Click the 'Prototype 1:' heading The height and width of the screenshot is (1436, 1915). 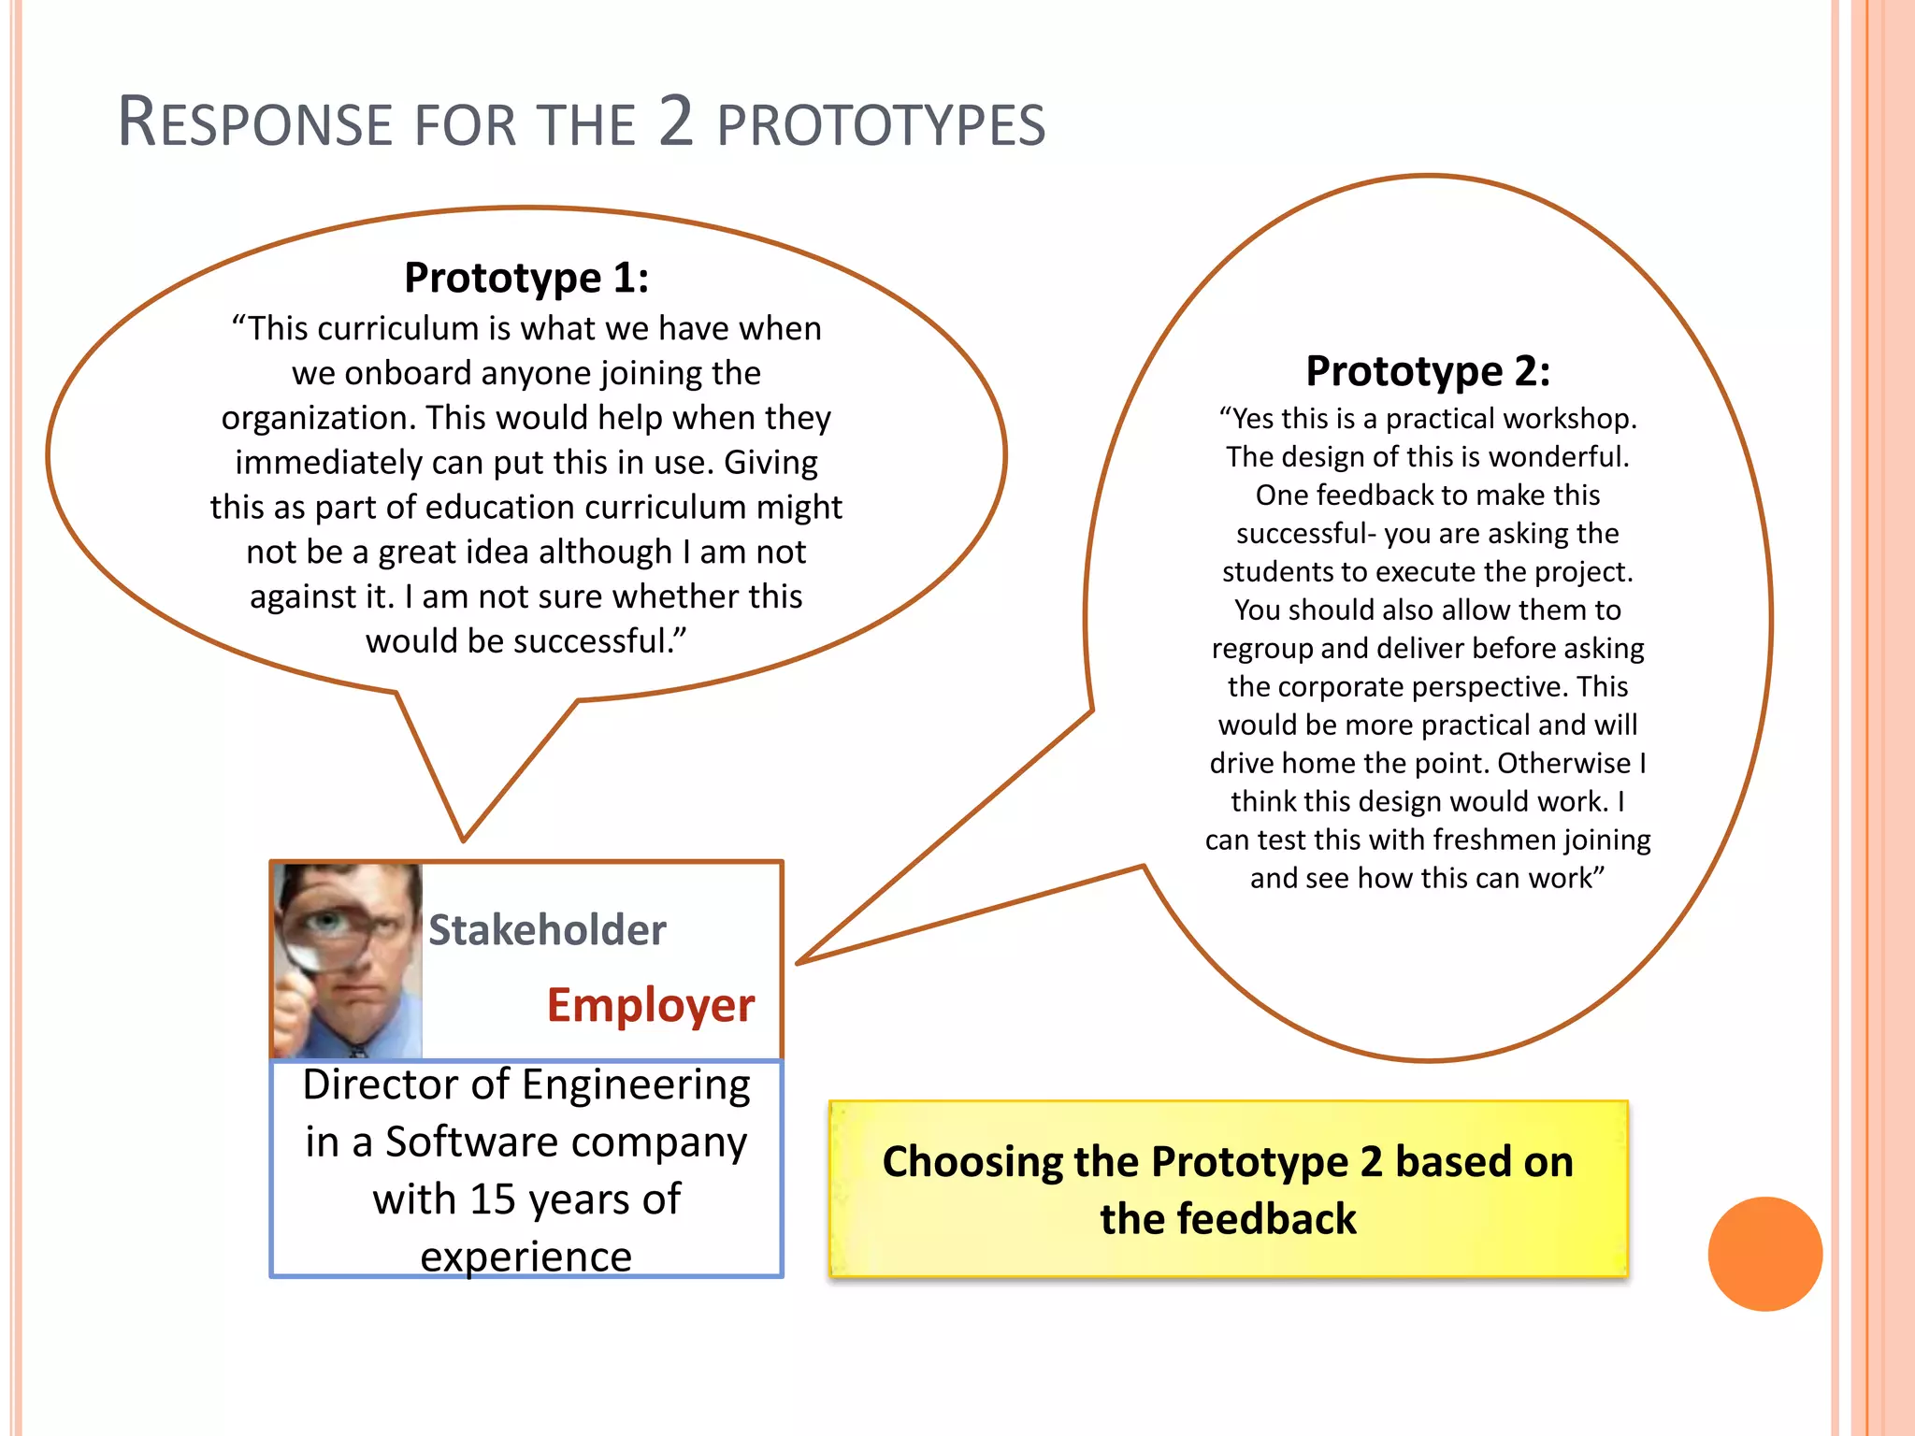coord(526,278)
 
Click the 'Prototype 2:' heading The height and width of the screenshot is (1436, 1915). coord(1428,371)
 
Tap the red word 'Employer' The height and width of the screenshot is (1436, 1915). coord(651,1005)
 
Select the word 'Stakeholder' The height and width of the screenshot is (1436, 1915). coord(547,930)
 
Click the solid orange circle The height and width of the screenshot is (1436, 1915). coord(1764,1254)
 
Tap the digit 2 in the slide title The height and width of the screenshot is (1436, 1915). coord(675,122)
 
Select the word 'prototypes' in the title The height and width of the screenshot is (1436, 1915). coord(881,125)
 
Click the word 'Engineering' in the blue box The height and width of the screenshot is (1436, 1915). coord(636,1085)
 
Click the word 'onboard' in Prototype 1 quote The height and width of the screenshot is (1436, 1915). coord(408,373)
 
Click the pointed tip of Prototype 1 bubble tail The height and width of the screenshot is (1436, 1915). coord(464,839)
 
